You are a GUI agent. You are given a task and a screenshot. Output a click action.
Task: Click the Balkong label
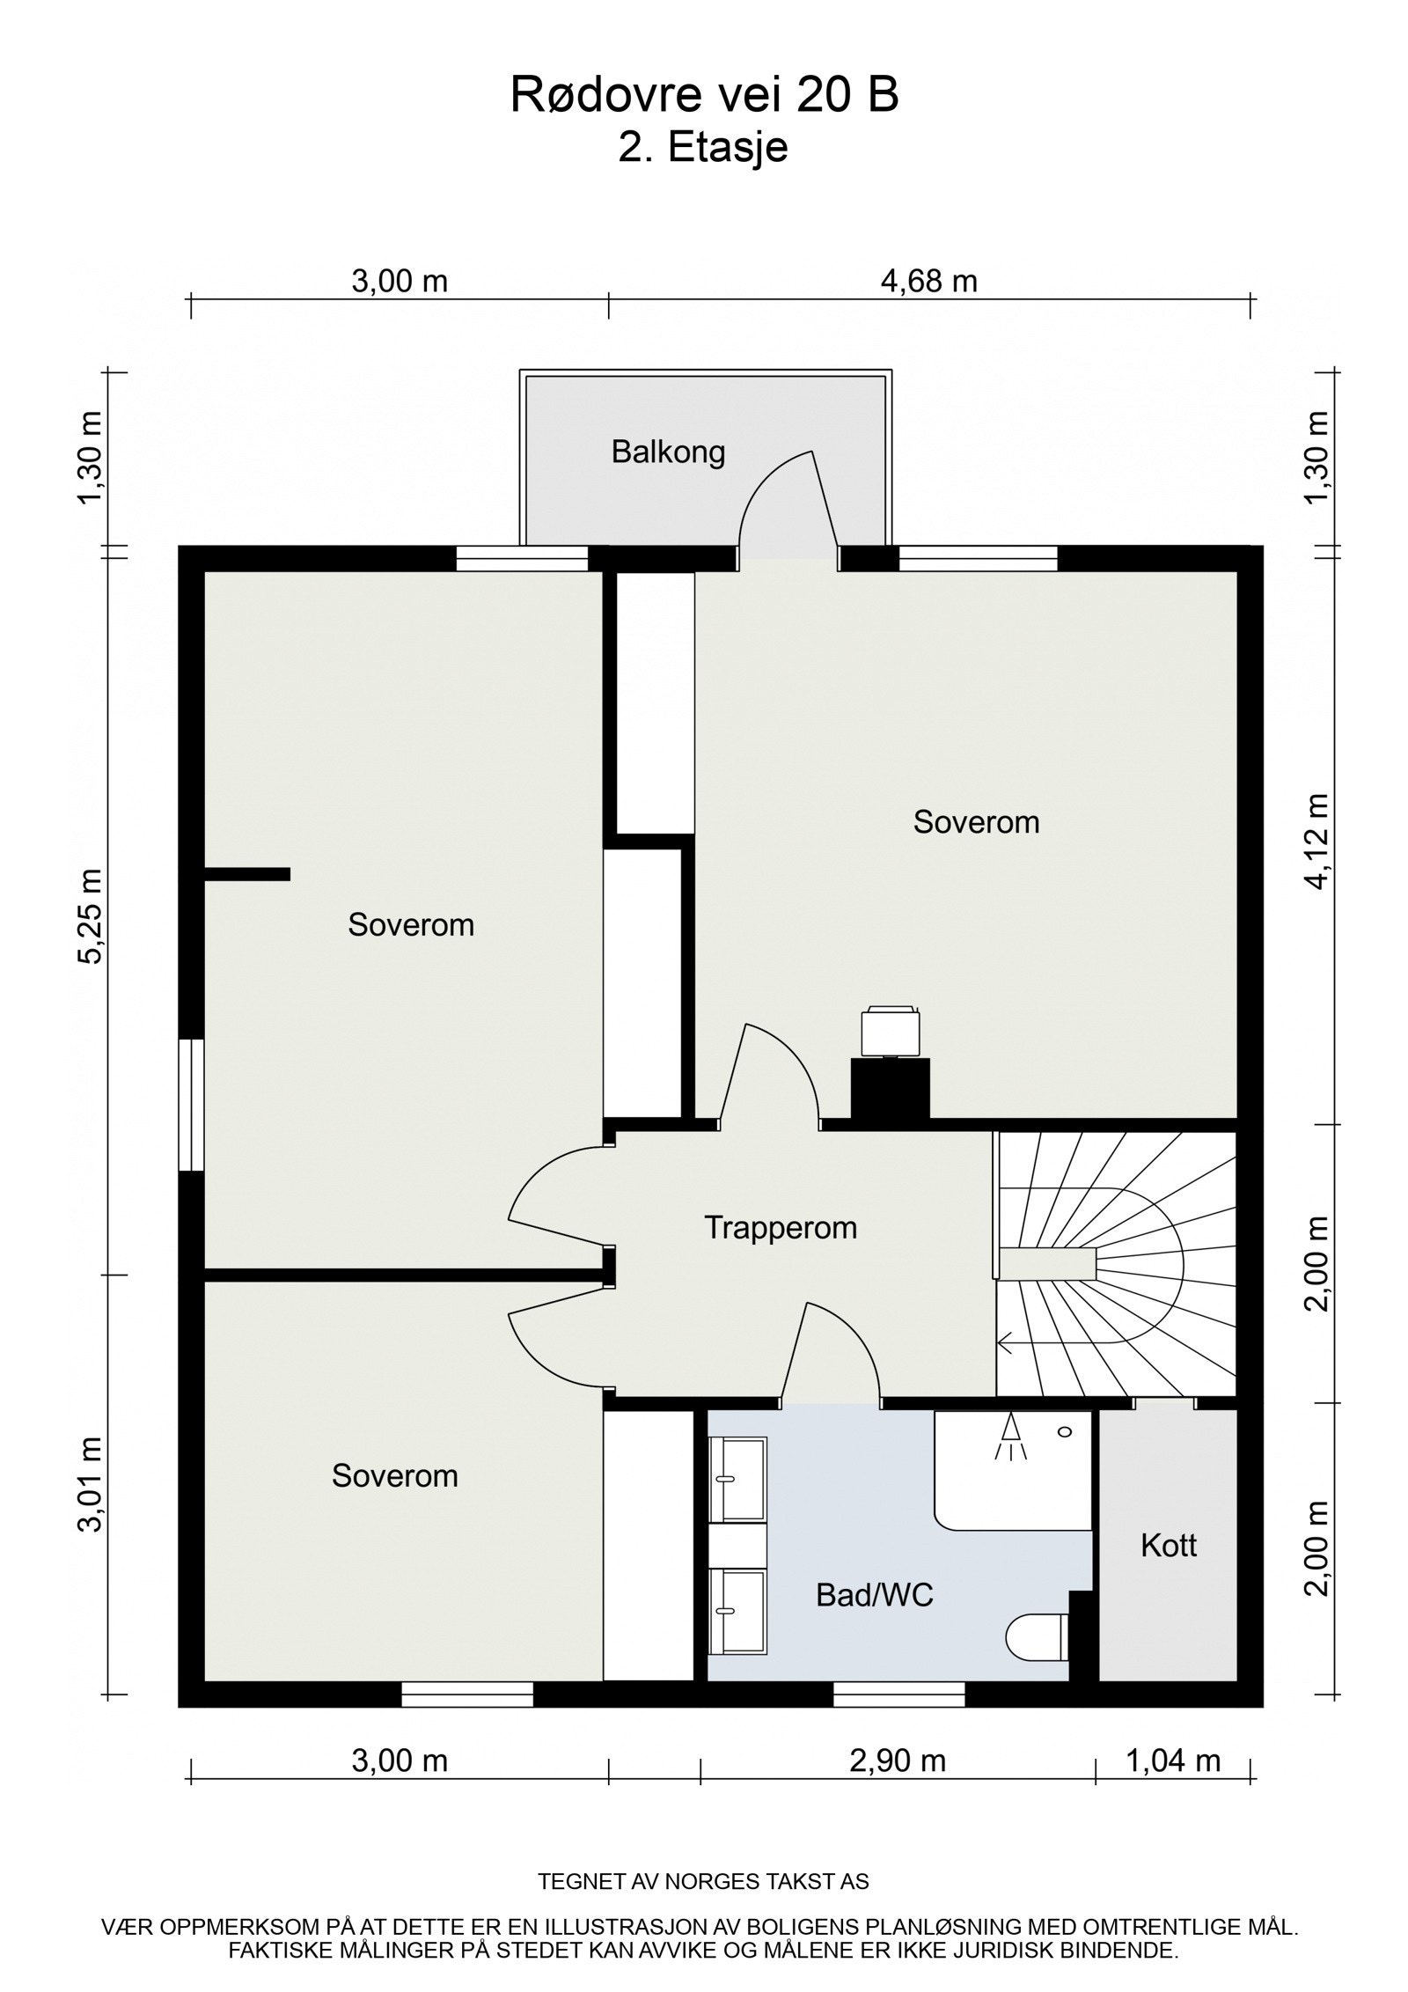coord(668,452)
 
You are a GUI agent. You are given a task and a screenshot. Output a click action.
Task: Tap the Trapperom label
coord(781,1228)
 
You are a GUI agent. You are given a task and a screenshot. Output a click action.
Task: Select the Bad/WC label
coord(874,1595)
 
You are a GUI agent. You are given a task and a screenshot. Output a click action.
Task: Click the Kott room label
coord(1169,1546)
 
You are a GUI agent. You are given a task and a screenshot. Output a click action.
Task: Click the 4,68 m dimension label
coord(928,281)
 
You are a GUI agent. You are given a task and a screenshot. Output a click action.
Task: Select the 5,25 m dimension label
coord(90,917)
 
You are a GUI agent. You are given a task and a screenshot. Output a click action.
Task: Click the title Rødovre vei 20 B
coord(705,95)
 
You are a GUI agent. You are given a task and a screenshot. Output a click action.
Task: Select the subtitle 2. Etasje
coord(703,148)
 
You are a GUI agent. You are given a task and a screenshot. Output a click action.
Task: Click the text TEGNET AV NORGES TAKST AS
coord(703,1882)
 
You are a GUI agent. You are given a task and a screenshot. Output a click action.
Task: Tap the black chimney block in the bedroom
coord(890,1090)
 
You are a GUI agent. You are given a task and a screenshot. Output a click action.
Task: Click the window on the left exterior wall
coord(191,1106)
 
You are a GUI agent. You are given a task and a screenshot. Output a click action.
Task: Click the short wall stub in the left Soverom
coord(247,874)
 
